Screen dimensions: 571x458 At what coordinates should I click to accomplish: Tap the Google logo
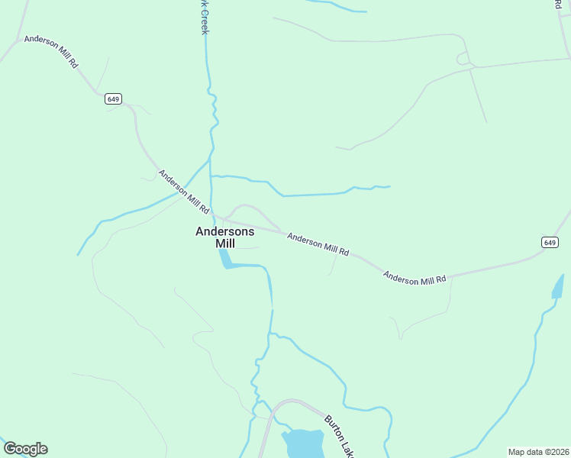25,449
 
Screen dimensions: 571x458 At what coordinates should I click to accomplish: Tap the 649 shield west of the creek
113,98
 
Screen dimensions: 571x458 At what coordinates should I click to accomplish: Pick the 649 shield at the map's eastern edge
550,242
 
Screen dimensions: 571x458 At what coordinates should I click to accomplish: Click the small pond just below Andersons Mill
225,260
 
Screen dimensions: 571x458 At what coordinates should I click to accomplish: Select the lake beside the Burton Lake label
304,443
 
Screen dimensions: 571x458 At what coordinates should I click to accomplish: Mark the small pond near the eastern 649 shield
558,287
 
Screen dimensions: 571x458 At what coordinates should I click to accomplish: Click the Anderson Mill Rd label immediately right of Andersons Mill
318,244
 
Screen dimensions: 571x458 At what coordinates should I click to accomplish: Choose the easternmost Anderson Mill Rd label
414,278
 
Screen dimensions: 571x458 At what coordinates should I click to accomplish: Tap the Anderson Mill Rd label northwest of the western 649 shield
51,51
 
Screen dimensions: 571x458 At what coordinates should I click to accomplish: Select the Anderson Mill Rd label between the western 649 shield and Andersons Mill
184,191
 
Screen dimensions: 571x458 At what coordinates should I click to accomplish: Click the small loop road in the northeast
463,58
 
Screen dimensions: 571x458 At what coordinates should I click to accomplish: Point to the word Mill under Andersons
225,244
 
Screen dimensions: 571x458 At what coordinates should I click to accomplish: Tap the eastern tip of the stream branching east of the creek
390,186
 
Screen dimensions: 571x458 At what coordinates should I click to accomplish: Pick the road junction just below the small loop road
471,69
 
